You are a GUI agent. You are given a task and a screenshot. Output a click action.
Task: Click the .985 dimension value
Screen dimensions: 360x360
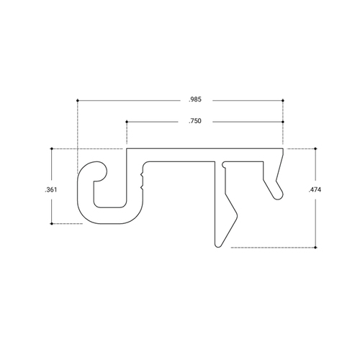point(194,99)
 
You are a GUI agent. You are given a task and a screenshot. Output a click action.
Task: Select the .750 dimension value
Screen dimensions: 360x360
point(194,122)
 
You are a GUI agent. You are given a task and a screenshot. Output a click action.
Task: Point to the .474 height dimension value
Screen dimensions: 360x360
point(315,189)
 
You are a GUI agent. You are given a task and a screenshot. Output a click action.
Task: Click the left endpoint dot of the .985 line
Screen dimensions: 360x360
point(77,99)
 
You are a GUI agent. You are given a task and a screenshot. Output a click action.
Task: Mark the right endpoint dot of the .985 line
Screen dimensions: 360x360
point(283,99)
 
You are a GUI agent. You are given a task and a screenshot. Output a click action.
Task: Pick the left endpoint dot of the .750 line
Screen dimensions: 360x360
point(127,122)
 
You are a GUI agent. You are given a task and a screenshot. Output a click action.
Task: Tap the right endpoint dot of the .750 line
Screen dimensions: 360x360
point(283,122)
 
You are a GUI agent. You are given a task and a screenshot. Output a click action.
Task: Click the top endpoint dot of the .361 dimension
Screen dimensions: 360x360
point(52,149)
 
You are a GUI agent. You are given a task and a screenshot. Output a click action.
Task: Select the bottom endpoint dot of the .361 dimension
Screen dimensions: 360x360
point(52,224)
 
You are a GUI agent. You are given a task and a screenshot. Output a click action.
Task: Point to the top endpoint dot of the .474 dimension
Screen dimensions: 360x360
point(315,149)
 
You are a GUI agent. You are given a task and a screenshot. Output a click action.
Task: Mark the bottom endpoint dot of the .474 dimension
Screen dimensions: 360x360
point(315,247)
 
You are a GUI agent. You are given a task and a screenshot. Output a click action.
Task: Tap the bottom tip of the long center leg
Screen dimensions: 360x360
point(219,245)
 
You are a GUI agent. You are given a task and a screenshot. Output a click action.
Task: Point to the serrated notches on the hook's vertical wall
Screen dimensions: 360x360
point(144,177)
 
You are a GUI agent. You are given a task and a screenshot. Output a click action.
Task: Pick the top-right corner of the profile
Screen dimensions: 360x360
point(282,150)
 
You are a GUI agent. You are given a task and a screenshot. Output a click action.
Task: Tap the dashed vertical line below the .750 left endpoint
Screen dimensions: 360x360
point(127,137)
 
